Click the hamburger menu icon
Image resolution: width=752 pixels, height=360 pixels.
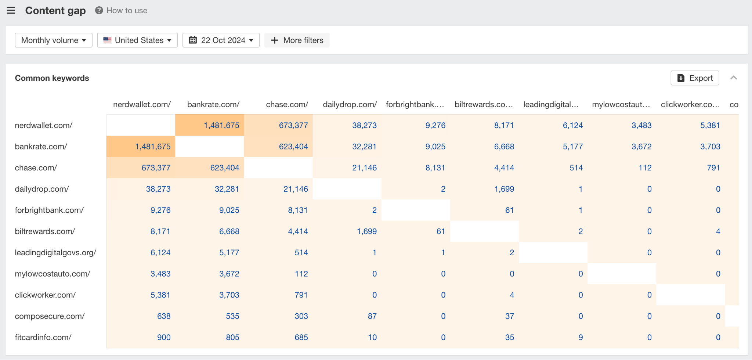point(11,10)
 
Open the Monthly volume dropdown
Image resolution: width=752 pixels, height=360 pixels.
point(54,40)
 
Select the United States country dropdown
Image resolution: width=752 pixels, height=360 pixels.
point(137,40)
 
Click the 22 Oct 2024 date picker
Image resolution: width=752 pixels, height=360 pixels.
point(221,40)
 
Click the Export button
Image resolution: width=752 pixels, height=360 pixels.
point(695,78)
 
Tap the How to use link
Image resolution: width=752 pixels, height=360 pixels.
point(122,10)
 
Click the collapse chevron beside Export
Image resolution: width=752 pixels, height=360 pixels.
point(734,78)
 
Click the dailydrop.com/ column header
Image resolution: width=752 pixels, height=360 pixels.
point(350,104)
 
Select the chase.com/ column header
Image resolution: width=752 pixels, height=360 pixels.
point(287,104)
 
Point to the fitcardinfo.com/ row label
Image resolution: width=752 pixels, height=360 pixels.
point(43,337)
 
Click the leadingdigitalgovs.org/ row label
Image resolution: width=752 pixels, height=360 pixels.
point(55,252)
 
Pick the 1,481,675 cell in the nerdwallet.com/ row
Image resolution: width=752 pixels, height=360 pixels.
point(221,125)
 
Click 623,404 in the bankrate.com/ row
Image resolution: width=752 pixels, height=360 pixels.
point(293,147)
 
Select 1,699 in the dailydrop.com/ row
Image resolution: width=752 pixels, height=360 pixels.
point(504,189)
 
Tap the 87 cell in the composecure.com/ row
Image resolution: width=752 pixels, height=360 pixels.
point(372,316)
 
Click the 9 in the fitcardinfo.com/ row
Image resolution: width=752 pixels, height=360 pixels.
point(580,337)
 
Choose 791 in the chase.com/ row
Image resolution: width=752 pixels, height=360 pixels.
point(713,168)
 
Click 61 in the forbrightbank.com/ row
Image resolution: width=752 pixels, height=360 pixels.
point(509,210)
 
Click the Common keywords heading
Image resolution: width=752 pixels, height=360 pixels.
point(52,78)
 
